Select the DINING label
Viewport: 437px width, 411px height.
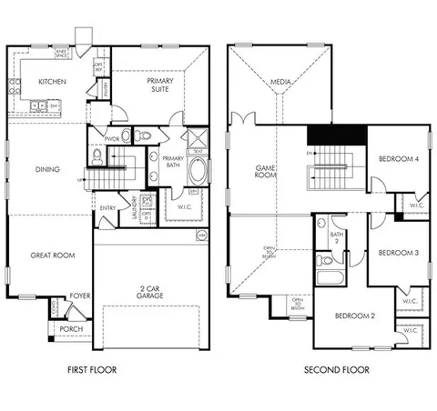coord(48,168)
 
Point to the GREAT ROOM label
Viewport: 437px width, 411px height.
coord(48,256)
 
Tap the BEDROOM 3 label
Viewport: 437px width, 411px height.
coord(398,252)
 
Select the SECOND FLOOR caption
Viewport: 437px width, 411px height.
coord(337,370)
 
